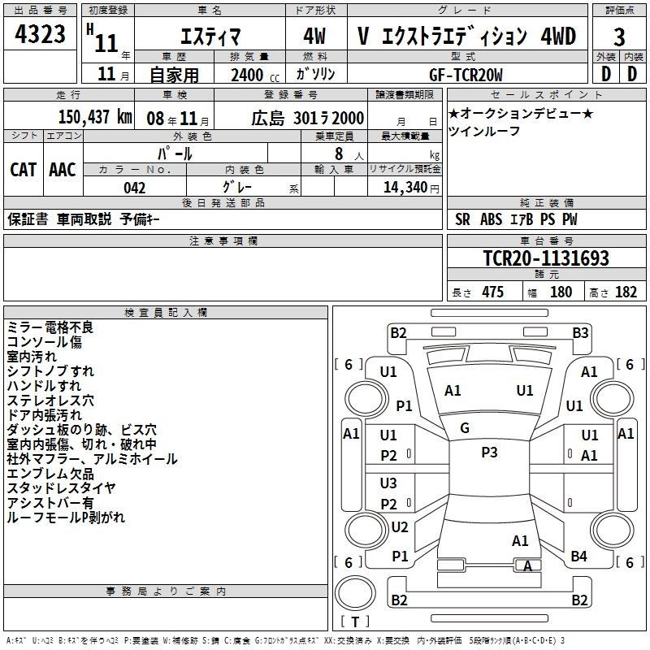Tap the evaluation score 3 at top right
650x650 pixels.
(619, 37)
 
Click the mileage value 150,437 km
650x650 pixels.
(95, 116)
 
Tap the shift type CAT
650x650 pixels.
(23, 169)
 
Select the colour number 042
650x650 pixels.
(135, 188)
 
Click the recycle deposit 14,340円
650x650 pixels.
(404, 188)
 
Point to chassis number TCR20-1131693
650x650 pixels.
(546, 258)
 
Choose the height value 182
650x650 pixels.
(626, 292)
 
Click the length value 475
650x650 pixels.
(492, 292)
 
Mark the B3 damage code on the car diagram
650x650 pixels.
(580, 332)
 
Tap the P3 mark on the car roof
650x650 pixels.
(489, 453)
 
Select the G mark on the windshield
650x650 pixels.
(465, 428)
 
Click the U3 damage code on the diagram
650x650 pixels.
(388, 483)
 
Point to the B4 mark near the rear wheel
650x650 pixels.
(578, 556)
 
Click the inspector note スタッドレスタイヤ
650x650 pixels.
(61, 488)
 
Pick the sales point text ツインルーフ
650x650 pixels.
(484, 131)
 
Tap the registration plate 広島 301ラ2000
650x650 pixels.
(308, 116)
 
